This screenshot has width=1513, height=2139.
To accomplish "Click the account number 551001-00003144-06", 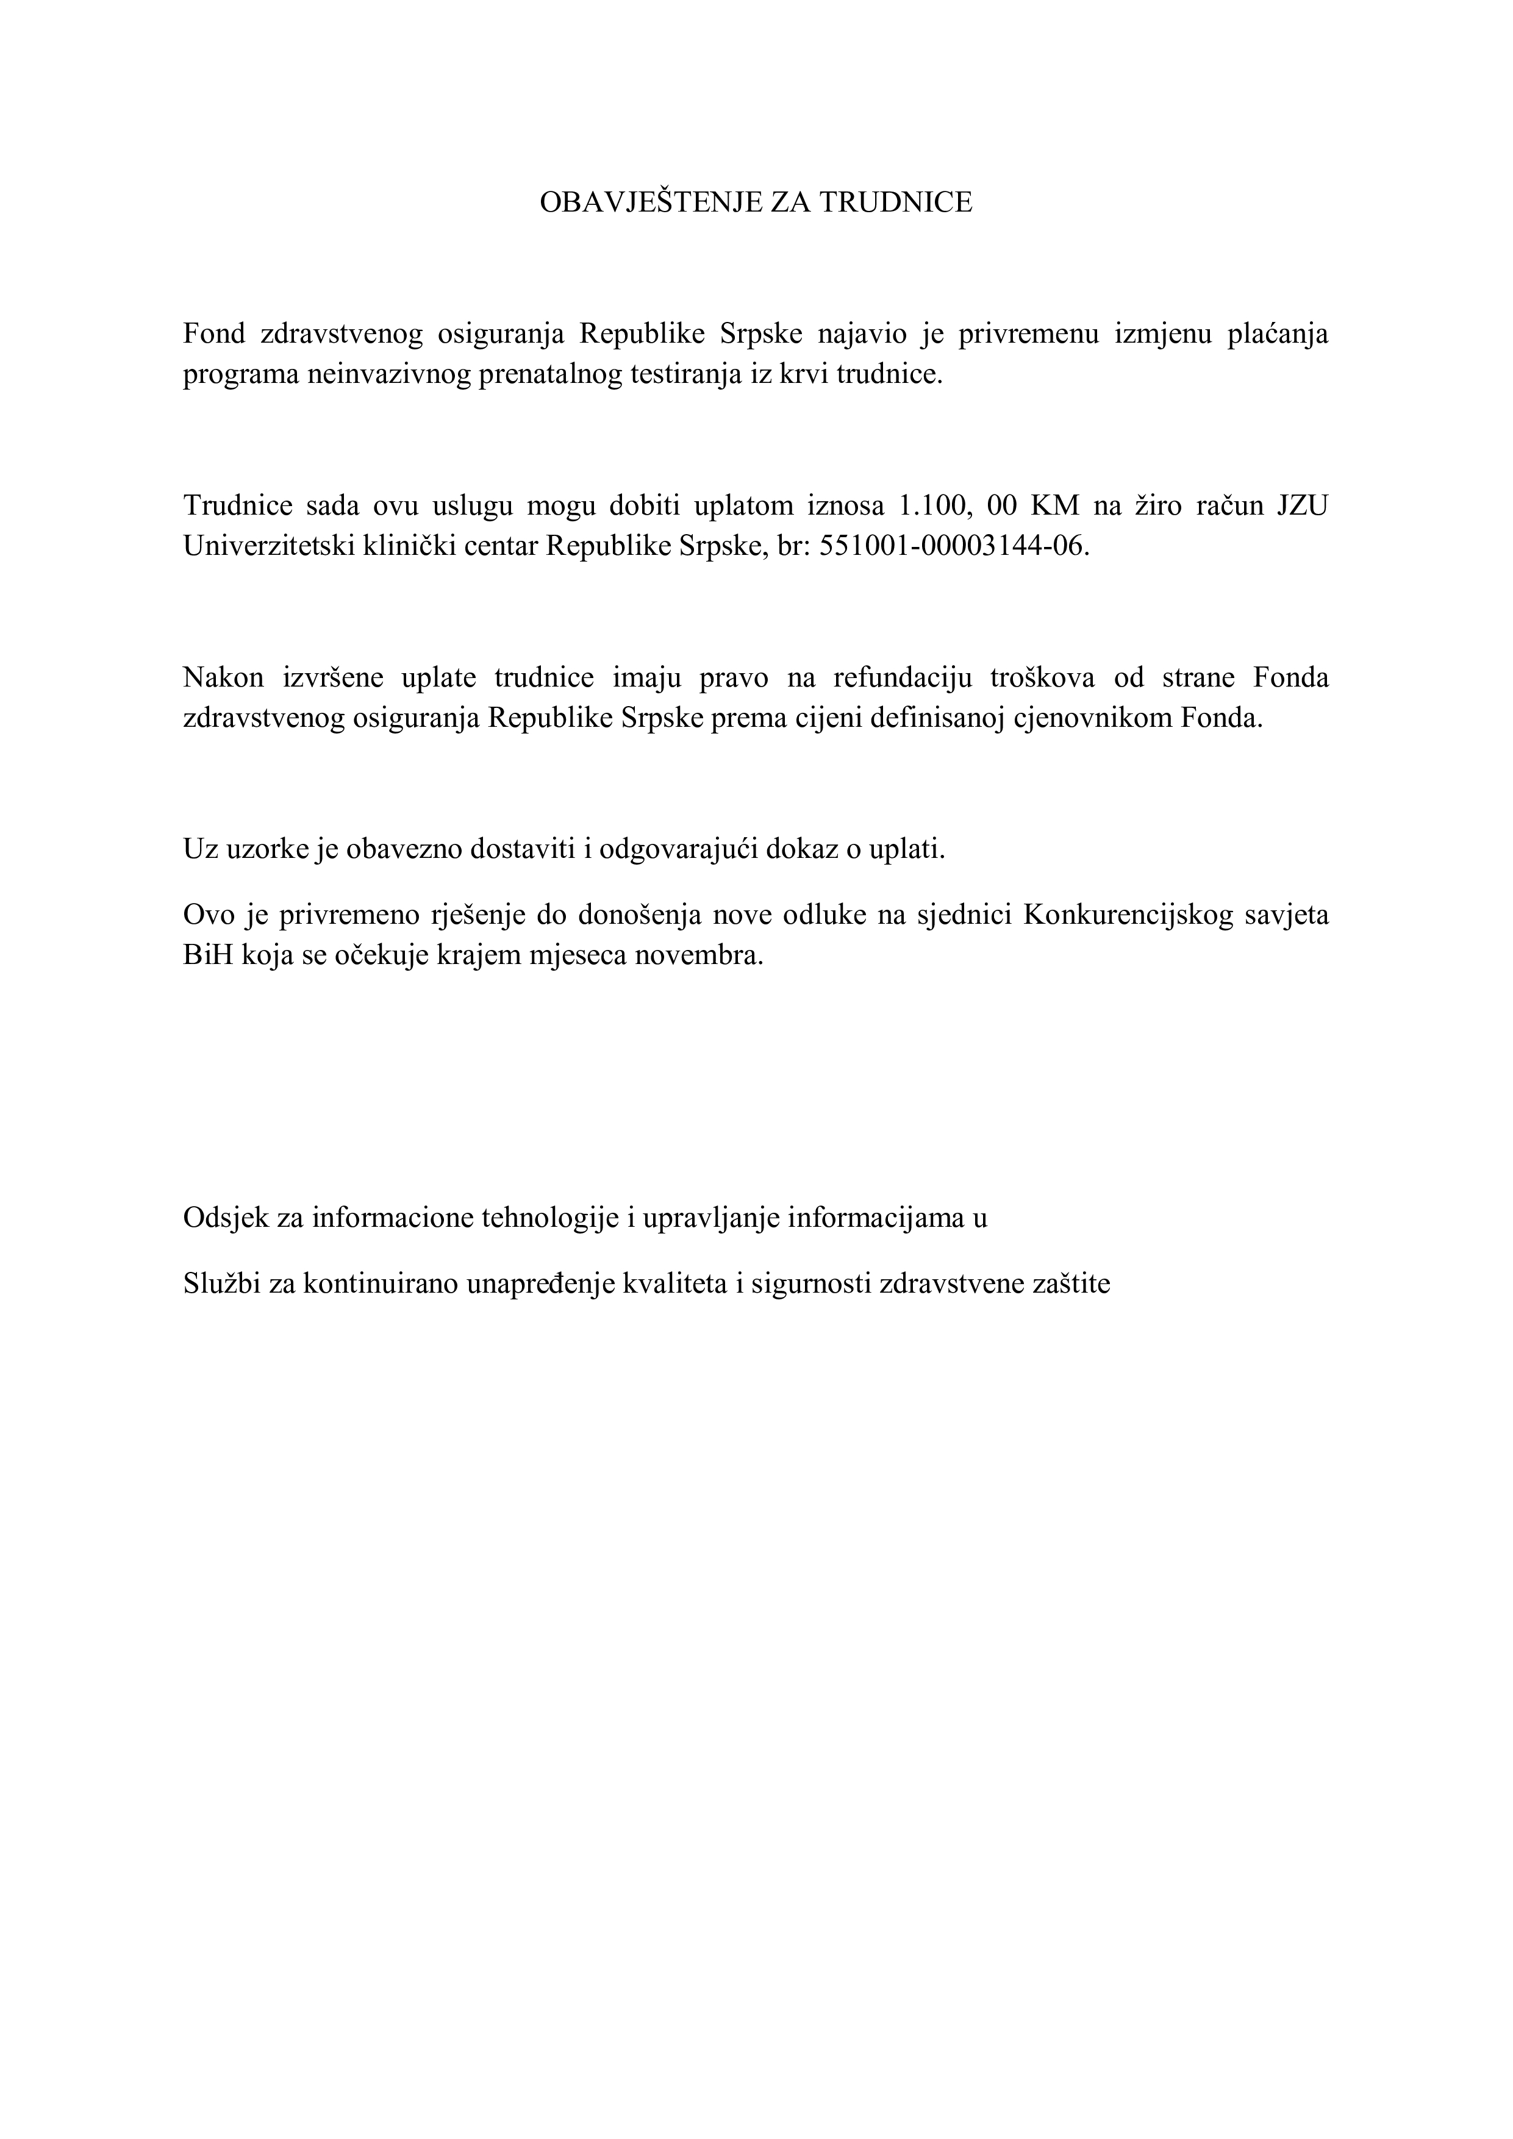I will (953, 546).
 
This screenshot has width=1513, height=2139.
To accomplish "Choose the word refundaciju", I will (890, 677).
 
